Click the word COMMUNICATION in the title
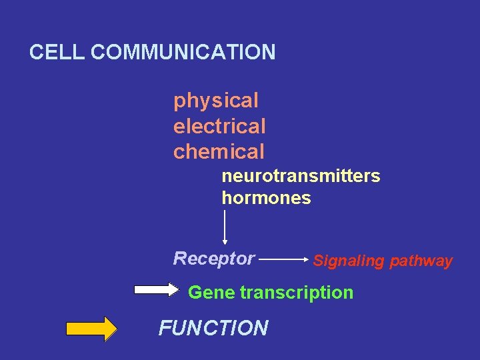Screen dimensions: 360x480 click(x=183, y=52)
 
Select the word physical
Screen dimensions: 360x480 click(x=215, y=101)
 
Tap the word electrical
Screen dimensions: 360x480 click(x=219, y=126)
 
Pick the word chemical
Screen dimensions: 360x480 click(x=219, y=151)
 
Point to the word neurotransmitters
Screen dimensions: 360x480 click(x=301, y=177)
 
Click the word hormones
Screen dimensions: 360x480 click(x=266, y=199)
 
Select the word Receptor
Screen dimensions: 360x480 click(x=213, y=258)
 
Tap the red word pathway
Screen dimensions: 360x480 click(x=422, y=261)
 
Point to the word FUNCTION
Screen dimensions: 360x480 click(x=213, y=328)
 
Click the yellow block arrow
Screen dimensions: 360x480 click(x=91, y=329)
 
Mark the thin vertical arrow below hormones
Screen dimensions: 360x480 click(x=225, y=227)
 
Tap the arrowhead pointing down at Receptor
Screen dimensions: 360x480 click(x=225, y=242)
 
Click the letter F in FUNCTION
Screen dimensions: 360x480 click(x=164, y=328)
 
